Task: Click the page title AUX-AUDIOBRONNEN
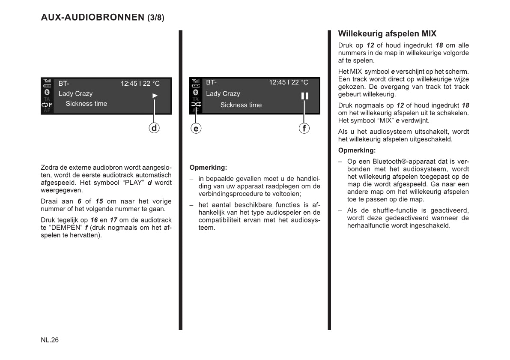point(92,18)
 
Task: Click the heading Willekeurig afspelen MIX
point(387,34)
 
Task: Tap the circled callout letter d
point(154,128)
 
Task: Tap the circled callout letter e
point(196,128)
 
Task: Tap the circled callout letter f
point(304,128)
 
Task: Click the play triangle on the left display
point(155,96)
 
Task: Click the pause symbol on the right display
point(304,96)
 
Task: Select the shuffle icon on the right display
point(196,104)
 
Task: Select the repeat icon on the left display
point(45,105)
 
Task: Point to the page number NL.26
point(50,340)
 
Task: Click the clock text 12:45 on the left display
point(129,84)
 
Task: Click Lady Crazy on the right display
point(223,93)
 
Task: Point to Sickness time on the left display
point(86,104)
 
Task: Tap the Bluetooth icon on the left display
point(47,92)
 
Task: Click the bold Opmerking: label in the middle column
point(208,167)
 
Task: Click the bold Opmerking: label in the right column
point(357,150)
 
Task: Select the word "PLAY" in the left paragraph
point(133,183)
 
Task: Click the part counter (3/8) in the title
point(155,18)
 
